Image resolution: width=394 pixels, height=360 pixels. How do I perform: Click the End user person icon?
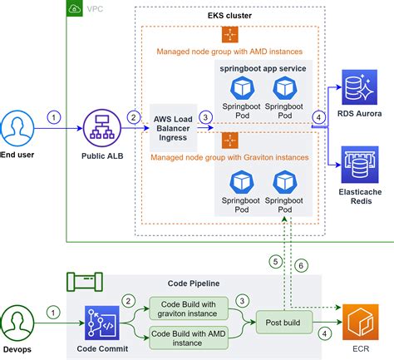click(x=17, y=128)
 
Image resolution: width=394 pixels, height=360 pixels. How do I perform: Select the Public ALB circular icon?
click(x=102, y=128)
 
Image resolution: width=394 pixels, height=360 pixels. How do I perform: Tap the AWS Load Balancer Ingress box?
click(x=173, y=128)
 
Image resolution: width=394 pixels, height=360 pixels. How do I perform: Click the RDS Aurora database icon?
click(x=359, y=87)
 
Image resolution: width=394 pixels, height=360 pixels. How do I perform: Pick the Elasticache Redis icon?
click(x=360, y=165)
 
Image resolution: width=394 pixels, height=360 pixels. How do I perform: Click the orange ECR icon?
click(x=361, y=322)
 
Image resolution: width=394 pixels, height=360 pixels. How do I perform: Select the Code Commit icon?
click(x=102, y=323)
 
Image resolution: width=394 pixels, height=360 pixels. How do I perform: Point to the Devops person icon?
click(x=17, y=323)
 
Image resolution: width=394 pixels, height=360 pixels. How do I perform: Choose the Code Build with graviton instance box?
click(x=189, y=308)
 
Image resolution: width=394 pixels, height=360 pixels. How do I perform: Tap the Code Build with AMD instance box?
click(x=189, y=338)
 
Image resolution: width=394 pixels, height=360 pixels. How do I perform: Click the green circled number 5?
click(x=275, y=262)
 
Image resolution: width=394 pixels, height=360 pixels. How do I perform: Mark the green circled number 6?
click(x=301, y=266)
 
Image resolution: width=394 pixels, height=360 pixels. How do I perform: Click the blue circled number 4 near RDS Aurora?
click(x=318, y=117)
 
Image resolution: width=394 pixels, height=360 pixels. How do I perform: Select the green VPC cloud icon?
click(x=75, y=8)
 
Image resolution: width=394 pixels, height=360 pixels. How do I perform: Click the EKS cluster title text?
click(x=229, y=16)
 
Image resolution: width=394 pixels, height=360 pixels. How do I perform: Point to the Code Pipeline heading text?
click(x=194, y=284)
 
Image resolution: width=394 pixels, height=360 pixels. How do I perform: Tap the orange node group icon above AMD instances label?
click(x=230, y=34)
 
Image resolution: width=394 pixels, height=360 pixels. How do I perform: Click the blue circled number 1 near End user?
click(x=54, y=117)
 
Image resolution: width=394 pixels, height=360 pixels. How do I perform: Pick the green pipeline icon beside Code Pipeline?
click(x=85, y=282)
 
